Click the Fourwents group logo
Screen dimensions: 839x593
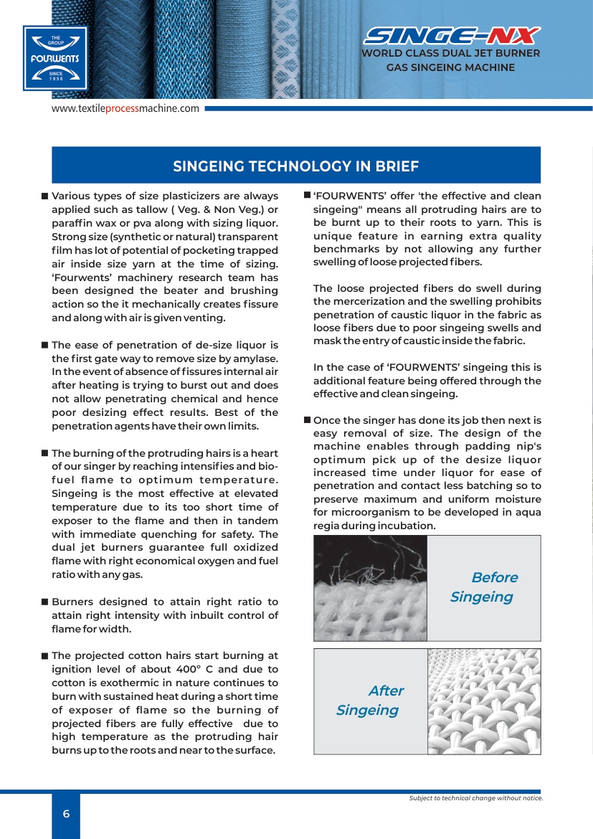55,58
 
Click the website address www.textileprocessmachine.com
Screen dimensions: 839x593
125,108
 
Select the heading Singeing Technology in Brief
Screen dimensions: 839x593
296,166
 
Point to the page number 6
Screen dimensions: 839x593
66,813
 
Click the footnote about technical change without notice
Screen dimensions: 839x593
475,798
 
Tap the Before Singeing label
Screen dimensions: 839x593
483,587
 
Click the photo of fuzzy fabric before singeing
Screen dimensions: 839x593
370,588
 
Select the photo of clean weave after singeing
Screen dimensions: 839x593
483,701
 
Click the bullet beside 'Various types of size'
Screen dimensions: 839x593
44,196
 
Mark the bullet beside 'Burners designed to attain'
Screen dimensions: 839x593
44,602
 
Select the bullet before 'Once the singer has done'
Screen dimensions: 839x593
307,420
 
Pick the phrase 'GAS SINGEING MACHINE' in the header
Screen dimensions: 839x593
451,67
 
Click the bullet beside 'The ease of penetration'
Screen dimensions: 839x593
44,346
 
